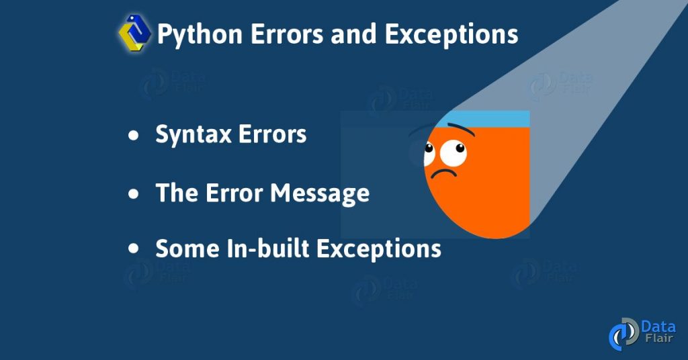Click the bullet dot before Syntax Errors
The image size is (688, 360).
pyautogui.click(x=134, y=136)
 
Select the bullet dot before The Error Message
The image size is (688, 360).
pyautogui.click(x=134, y=194)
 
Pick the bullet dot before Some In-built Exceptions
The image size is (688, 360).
pyautogui.click(x=134, y=249)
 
